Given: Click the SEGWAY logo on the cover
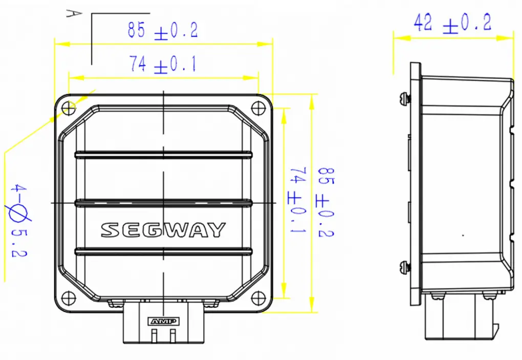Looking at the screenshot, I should [x=163, y=230].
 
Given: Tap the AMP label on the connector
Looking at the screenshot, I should [x=163, y=321].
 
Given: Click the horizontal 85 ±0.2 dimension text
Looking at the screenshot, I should [x=162, y=31].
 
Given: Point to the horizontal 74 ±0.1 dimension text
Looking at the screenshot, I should [x=162, y=64].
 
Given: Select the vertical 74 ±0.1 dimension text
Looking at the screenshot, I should [x=298, y=200].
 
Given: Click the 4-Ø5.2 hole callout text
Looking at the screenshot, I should [x=19, y=220].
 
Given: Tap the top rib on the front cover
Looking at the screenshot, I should [x=163, y=154].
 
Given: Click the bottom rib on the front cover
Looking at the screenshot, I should [x=163, y=250].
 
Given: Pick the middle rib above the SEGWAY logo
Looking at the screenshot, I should [x=163, y=203].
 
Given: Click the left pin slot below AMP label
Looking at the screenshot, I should [x=154, y=335].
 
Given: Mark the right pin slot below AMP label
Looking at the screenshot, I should [x=173, y=335].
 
